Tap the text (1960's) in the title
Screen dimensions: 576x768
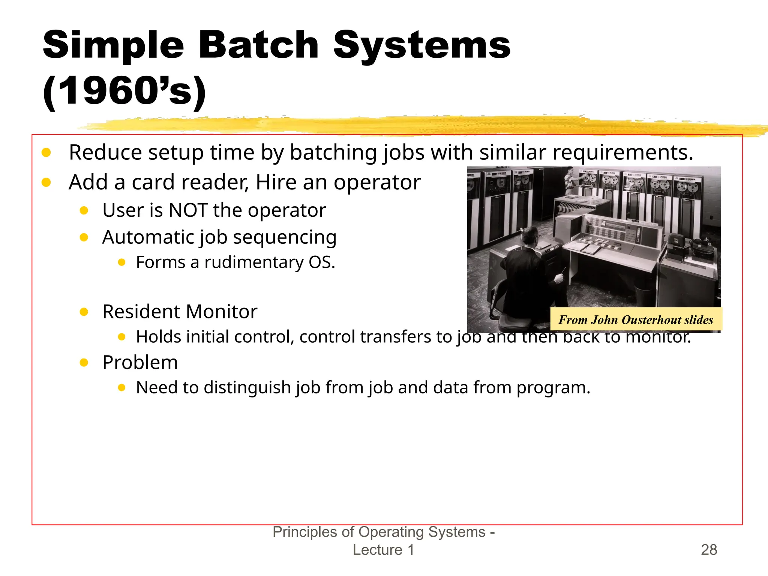[x=124, y=91]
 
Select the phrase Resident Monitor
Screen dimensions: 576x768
[x=180, y=312]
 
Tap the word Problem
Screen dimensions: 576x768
[x=140, y=362]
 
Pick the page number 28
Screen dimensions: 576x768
[x=709, y=550]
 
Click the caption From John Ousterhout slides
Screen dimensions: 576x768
[x=636, y=319]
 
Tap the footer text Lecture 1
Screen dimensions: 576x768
[x=383, y=550]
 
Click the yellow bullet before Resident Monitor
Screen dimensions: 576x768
[x=84, y=312]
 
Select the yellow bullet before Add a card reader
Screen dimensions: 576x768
[x=46, y=182]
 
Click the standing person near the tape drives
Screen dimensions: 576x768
[x=570, y=180]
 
